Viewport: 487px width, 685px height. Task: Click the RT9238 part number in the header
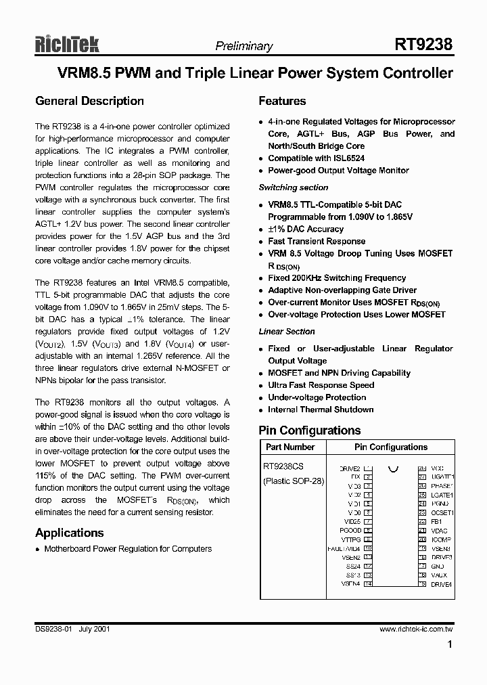click(423, 45)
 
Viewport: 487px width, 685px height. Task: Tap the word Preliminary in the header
click(243, 47)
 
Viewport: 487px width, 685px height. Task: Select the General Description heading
click(89, 101)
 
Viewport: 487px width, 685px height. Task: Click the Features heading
click(282, 101)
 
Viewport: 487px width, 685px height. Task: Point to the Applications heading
click(69, 533)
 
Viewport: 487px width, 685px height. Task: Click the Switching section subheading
click(294, 187)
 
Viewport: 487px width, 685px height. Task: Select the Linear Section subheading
click(287, 332)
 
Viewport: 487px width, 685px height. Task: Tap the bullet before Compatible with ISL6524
click(262, 158)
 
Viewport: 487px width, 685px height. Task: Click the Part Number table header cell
click(290, 447)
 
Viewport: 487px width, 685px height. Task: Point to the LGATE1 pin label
click(442, 495)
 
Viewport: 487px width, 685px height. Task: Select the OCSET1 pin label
click(442, 513)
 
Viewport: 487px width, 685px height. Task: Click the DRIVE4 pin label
click(441, 583)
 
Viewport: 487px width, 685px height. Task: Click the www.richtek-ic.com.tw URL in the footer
click(416, 629)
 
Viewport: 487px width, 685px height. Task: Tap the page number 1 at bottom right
click(450, 645)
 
